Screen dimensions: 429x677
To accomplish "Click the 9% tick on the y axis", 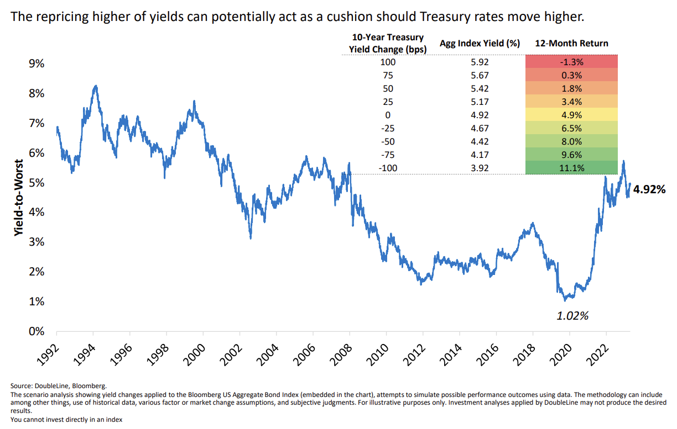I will tap(36, 63).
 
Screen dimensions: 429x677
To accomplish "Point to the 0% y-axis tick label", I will tap(36, 331).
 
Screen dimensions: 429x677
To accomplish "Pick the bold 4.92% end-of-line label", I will tap(649, 189).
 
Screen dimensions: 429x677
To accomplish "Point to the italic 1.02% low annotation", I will tap(572, 316).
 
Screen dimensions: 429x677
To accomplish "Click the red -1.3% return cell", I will tap(572, 62).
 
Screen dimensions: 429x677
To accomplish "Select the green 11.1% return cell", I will tap(572, 168).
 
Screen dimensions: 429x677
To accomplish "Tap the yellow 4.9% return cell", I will tap(572, 115).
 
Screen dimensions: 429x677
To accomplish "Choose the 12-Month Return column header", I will tap(572, 43).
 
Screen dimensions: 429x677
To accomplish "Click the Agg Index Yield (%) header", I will tap(480, 43).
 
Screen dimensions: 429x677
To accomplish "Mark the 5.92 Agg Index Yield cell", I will tap(480, 62).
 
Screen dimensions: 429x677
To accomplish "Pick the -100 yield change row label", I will tap(388, 168).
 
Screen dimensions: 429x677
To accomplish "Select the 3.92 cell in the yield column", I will tap(480, 168).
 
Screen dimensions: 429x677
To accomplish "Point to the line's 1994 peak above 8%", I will tap(96, 86).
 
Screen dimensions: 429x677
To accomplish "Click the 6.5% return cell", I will tap(572, 128).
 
